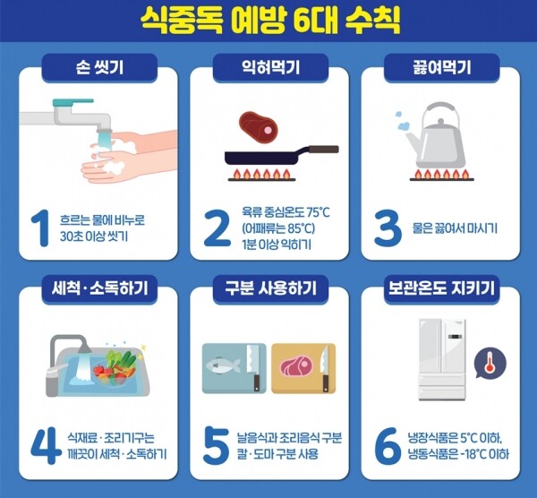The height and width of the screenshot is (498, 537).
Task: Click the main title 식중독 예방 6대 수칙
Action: coord(270,21)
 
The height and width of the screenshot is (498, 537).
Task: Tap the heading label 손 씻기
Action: coord(99,67)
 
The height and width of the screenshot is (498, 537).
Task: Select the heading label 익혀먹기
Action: coord(270,67)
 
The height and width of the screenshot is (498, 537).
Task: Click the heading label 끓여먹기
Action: coord(442,67)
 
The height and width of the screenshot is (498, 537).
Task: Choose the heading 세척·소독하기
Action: coord(99,288)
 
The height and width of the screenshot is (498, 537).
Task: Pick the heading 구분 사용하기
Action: coord(270,288)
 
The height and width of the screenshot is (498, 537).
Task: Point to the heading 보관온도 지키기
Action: coord(441,288)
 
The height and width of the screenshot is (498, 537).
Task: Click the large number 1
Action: coord(40,228)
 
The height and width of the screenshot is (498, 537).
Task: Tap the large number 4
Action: coord(46,445)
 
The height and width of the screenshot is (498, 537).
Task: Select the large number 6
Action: coord(388,445)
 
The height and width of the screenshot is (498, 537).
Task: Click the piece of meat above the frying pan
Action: coord(258,125)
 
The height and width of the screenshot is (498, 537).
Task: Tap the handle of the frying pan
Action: coord(323,149)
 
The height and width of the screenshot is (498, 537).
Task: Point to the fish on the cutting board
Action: coord(224,365)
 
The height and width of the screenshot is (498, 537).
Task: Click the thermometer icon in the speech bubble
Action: coord(490,362)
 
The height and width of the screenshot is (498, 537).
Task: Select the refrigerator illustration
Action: coord(442,359)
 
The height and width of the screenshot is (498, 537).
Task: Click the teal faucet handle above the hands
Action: coord(72,102)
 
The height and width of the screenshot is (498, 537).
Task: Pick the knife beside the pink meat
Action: coord(324,368)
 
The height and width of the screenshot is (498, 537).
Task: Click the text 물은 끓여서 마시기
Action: coord(455,228)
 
